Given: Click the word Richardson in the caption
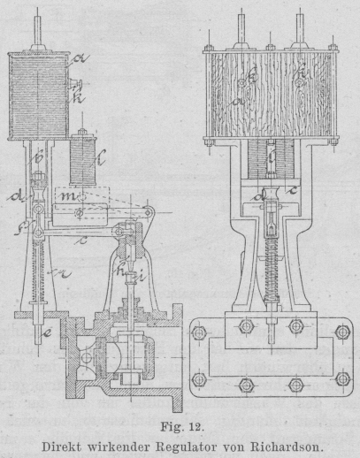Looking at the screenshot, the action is tap(285, 447).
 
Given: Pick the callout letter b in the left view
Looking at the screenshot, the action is tap(39, 159).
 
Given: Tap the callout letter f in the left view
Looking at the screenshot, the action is tap(19, 229).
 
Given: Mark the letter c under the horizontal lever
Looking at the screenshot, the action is tap(79, 241).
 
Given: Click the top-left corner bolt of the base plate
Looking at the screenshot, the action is tap(198, 332).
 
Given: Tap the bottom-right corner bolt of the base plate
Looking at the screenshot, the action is tap(343, 379).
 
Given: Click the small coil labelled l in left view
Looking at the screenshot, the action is tap(83, 160).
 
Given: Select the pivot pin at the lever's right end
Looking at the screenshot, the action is tap(148, 211).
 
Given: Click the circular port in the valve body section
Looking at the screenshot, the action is tap(86, 357).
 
